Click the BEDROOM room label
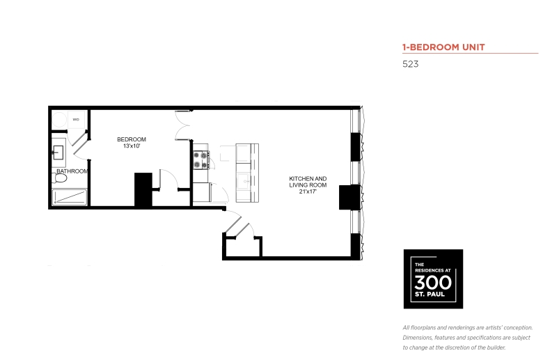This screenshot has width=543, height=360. tap(132, 139)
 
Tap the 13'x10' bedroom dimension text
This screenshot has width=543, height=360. tap(132, 146)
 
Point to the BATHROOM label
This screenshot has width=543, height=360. tap(72, 171)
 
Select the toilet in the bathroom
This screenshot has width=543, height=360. tap(60, 178)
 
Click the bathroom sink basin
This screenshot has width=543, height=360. tap(58, 152)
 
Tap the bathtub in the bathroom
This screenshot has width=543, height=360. tap(69, 197)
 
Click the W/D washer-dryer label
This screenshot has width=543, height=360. tap(76, 120)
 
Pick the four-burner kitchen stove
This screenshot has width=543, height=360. tap(201, 160)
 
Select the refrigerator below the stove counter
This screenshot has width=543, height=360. tap(202, 192)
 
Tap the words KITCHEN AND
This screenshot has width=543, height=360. tap(308, 178)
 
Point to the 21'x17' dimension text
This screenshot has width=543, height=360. tap(308, 191)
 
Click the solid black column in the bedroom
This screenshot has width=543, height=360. tap(143, 189)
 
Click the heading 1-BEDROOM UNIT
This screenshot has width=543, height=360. tap(443, 47)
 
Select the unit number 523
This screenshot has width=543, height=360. tap(410, 64)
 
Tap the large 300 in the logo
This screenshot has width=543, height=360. tap(433, 283)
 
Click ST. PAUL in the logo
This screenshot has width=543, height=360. tap(430, 295)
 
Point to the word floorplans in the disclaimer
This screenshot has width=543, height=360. tap(423, 328)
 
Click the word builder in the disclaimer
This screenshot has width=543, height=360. tap(496, 347)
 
